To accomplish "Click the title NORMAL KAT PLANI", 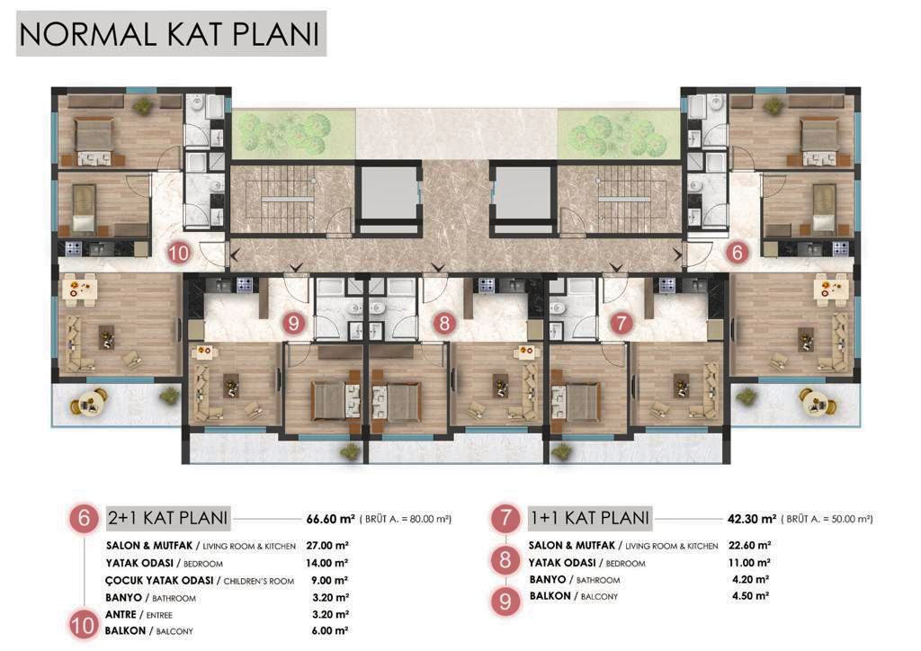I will [171, 33].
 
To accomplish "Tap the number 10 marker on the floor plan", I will [179, 254].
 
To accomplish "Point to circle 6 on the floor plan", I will [737, 254].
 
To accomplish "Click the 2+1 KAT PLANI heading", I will [168, 518].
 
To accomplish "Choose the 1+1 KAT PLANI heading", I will [589, 518].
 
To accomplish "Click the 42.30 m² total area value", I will [751, 519].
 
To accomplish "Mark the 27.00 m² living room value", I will [329, 545].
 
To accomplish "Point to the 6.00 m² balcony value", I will [329, 631].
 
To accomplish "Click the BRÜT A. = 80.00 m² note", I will [406, 519].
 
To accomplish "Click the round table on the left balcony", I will [90, 401].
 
